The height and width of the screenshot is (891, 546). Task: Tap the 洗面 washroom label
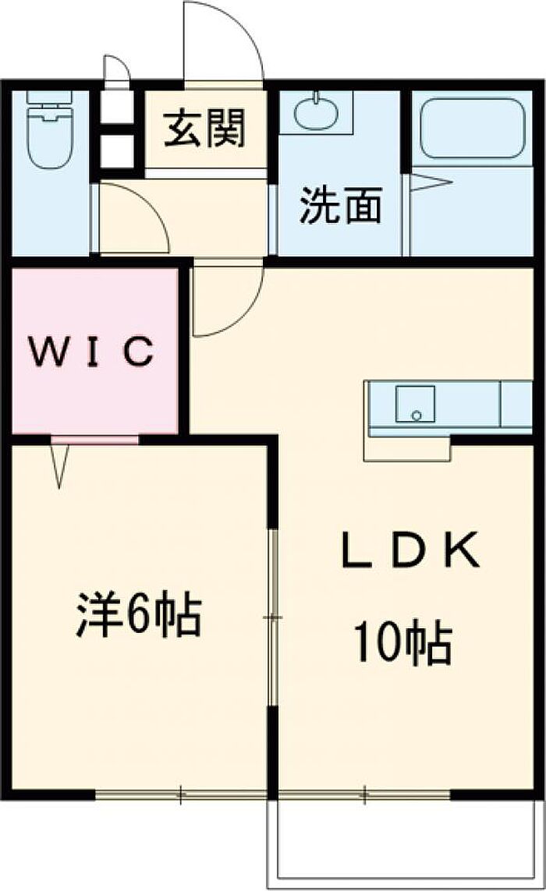pyautogui.click(x=341, y=204)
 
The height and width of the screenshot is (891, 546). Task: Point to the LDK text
pyautogui.click(x=409, y=550)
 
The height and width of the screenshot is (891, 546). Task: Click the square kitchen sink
pyautogui.click(x=415, y=404)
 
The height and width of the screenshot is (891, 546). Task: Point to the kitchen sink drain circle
pyautogui.click(x=417, y=416)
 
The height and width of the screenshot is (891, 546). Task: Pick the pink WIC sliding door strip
pyautogui.click(x=94, y=439)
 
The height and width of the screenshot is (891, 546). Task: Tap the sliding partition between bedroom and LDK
pyautogui.click(x=274, y=617)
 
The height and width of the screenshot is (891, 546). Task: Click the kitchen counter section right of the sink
pyautogui.click(x=516, y=404)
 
